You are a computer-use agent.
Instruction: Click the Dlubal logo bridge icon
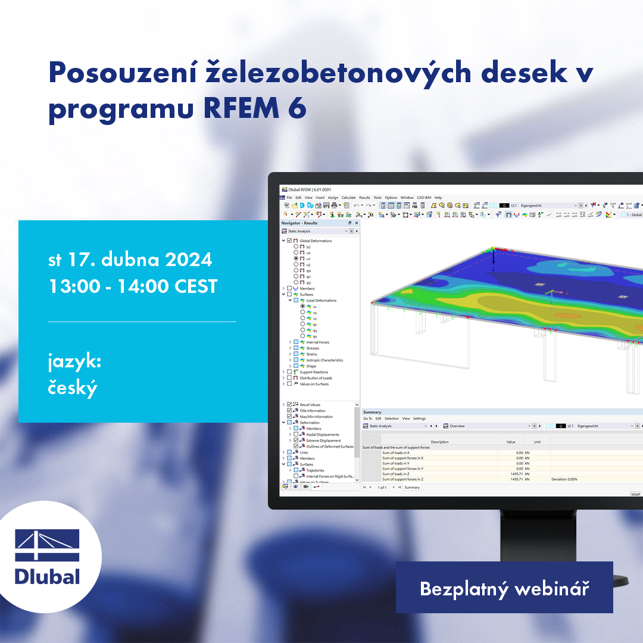click(47, 545)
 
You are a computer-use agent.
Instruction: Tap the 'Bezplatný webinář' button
click(504, 589)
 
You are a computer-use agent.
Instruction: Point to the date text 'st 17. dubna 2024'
click(130, 260)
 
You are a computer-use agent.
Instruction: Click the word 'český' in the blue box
click(72, 388)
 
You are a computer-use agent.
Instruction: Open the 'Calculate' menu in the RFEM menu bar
click(348, 198)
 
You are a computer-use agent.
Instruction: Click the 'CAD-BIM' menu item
click(424, 198)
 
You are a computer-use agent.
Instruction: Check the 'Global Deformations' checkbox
click(289, 241)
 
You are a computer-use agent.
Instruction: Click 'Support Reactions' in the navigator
click(313, 372)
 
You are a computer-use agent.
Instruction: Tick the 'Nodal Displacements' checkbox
click(296, 435)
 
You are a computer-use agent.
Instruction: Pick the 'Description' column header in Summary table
click(439, 442)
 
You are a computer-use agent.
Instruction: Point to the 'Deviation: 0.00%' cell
click(564, 479)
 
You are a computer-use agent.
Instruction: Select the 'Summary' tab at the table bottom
click(412, 488)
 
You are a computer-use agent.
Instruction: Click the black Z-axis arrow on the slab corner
click(494, 260)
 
